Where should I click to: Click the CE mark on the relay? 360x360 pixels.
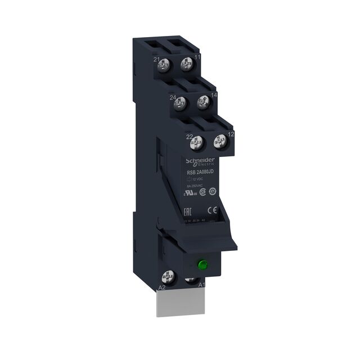tap(213, 210)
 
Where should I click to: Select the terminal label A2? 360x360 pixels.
tap(162, 287)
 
